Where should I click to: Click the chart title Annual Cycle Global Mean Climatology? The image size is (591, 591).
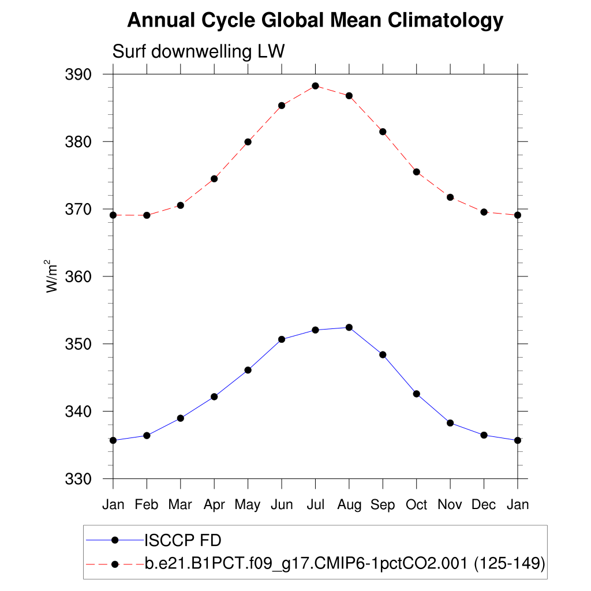coord(315,20)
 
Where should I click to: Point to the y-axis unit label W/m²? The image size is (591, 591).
coord(53,276)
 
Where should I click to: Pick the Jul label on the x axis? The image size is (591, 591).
coord(315,504)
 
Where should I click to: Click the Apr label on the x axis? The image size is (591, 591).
coord(214,504)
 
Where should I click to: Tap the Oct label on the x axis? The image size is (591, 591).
coord(416,504)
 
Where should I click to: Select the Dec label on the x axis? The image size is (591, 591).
coord(484,504)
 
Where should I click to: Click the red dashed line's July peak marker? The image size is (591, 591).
coord(315,86)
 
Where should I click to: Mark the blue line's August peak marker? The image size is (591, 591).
coord(349,327)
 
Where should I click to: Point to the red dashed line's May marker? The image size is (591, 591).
coord(248,142)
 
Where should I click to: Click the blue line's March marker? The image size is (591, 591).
coord(180,418)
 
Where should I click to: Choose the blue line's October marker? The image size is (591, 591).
coord(416,394)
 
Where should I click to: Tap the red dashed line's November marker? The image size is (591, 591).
coord(450,197)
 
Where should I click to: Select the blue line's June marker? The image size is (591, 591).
coord(282,339)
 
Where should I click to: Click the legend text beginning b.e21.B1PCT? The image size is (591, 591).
coord(345,563)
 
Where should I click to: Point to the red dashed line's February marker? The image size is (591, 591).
coord(147,215)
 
